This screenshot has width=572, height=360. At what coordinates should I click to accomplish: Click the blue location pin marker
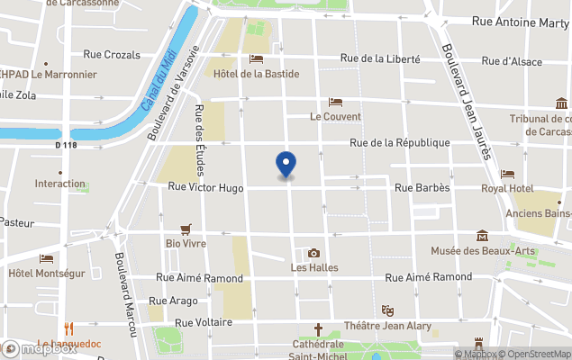coord(286,166)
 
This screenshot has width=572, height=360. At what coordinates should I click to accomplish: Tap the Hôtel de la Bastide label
coord(256,74)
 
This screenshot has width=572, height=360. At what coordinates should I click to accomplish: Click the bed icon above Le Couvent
coord(336,103)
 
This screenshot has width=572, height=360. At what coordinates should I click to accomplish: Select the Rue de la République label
coord(400,143)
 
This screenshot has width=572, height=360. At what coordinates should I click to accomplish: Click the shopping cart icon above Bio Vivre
coord(186,229)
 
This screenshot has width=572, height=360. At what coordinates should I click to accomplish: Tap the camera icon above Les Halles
coord(313,254)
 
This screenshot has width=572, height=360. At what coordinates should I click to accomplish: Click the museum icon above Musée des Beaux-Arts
coord(483,236)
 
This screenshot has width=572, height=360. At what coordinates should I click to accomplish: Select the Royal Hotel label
coord(507,188)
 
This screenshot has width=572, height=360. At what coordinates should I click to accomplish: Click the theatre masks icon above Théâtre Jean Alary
coord(388,310)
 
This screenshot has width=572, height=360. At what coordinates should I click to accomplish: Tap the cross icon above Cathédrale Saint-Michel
coord(318,329)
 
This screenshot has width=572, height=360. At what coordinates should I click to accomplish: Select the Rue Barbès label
coord(422,187)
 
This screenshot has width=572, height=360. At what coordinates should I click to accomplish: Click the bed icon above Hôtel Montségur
coord(46,259)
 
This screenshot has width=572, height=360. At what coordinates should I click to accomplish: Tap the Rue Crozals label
coord(112,55)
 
